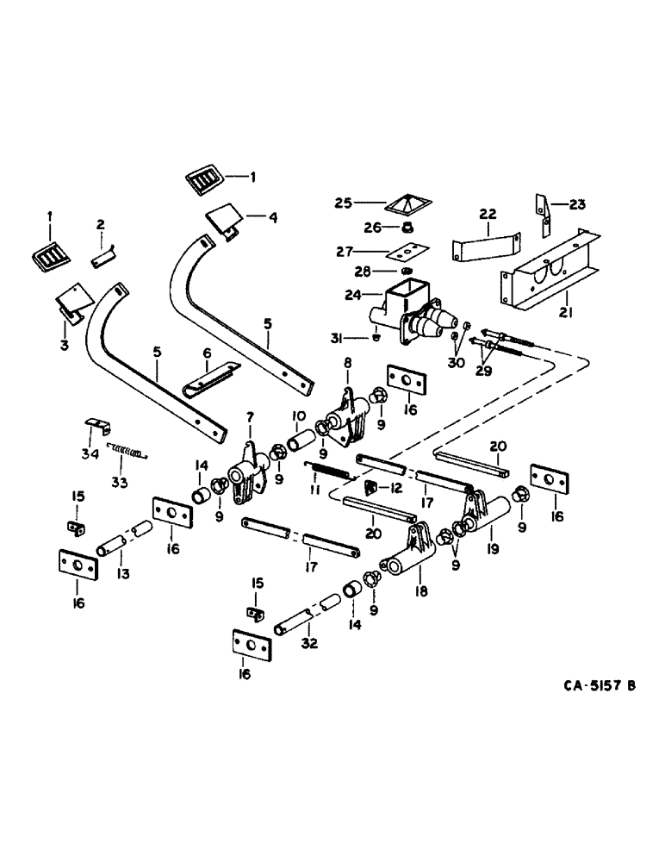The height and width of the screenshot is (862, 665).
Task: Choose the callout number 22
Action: pyautogui.click(x=488, y=212)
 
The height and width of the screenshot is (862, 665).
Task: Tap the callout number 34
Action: pyautogui.click(x=89, y=453)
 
